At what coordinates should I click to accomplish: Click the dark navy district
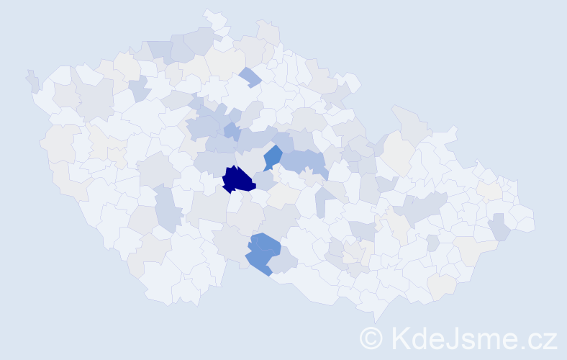point(237,180)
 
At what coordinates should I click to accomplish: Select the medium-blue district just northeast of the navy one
point(273,156)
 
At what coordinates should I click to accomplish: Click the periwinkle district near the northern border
point(250,76)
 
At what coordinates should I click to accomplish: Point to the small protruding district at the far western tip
point(32,81)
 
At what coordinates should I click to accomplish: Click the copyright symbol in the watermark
point(372,338)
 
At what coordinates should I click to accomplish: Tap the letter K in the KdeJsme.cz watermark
point(400,338)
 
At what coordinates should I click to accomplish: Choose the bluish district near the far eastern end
point(499,229)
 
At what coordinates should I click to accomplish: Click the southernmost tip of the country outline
point(377,318)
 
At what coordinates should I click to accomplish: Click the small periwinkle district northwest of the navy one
point(231,131)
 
